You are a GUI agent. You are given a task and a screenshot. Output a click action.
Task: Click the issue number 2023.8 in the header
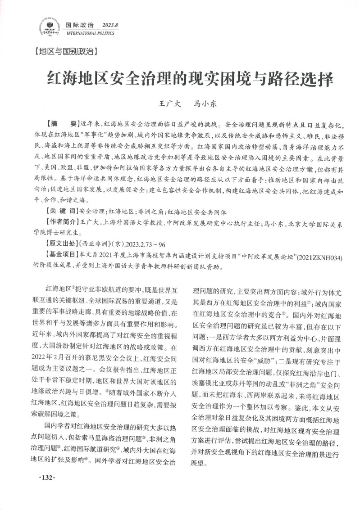[110, 25]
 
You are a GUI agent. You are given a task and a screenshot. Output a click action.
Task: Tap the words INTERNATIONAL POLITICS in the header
[91, 34]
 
